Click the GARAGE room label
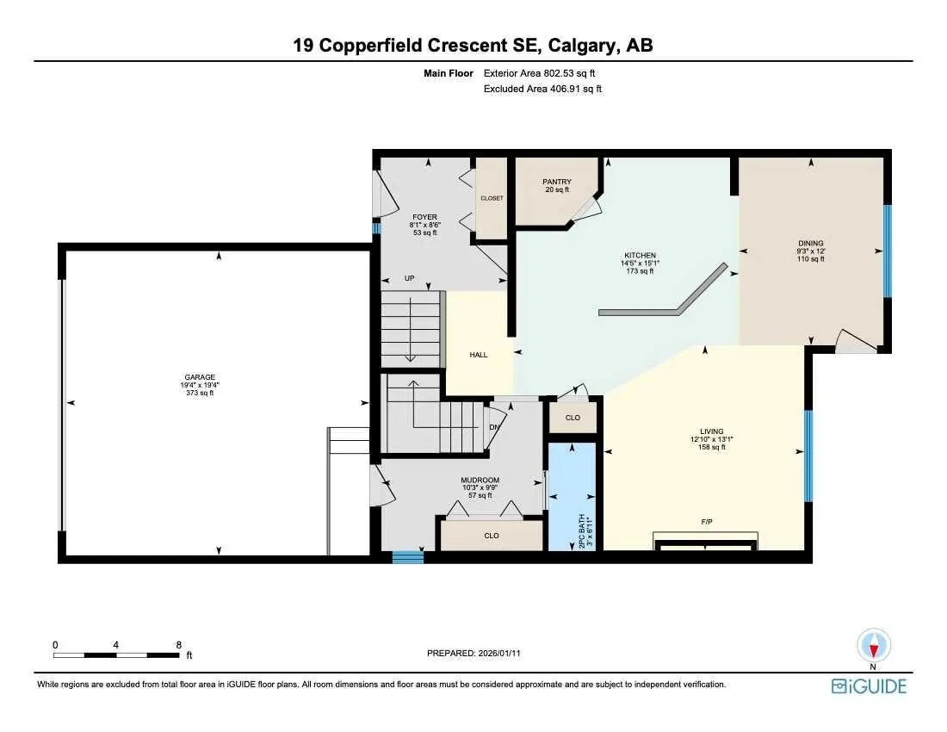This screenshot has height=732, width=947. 199,377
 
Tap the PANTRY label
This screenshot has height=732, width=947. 557,182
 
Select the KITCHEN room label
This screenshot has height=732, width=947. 641,256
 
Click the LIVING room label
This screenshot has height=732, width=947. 711,431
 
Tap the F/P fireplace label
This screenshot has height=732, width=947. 706,523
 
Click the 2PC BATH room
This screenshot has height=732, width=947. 573,498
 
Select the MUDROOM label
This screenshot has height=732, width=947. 480,481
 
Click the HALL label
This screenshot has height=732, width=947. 479,355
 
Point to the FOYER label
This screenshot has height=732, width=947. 424,217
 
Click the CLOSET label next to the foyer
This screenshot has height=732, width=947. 492,198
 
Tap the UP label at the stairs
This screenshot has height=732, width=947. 410,278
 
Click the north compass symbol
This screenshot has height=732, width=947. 874,646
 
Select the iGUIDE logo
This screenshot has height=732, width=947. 869,686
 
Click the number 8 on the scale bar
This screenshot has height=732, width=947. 178,644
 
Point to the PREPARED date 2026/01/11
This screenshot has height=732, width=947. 473,654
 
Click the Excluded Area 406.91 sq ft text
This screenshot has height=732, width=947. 542,89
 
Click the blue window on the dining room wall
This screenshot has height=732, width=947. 888,250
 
